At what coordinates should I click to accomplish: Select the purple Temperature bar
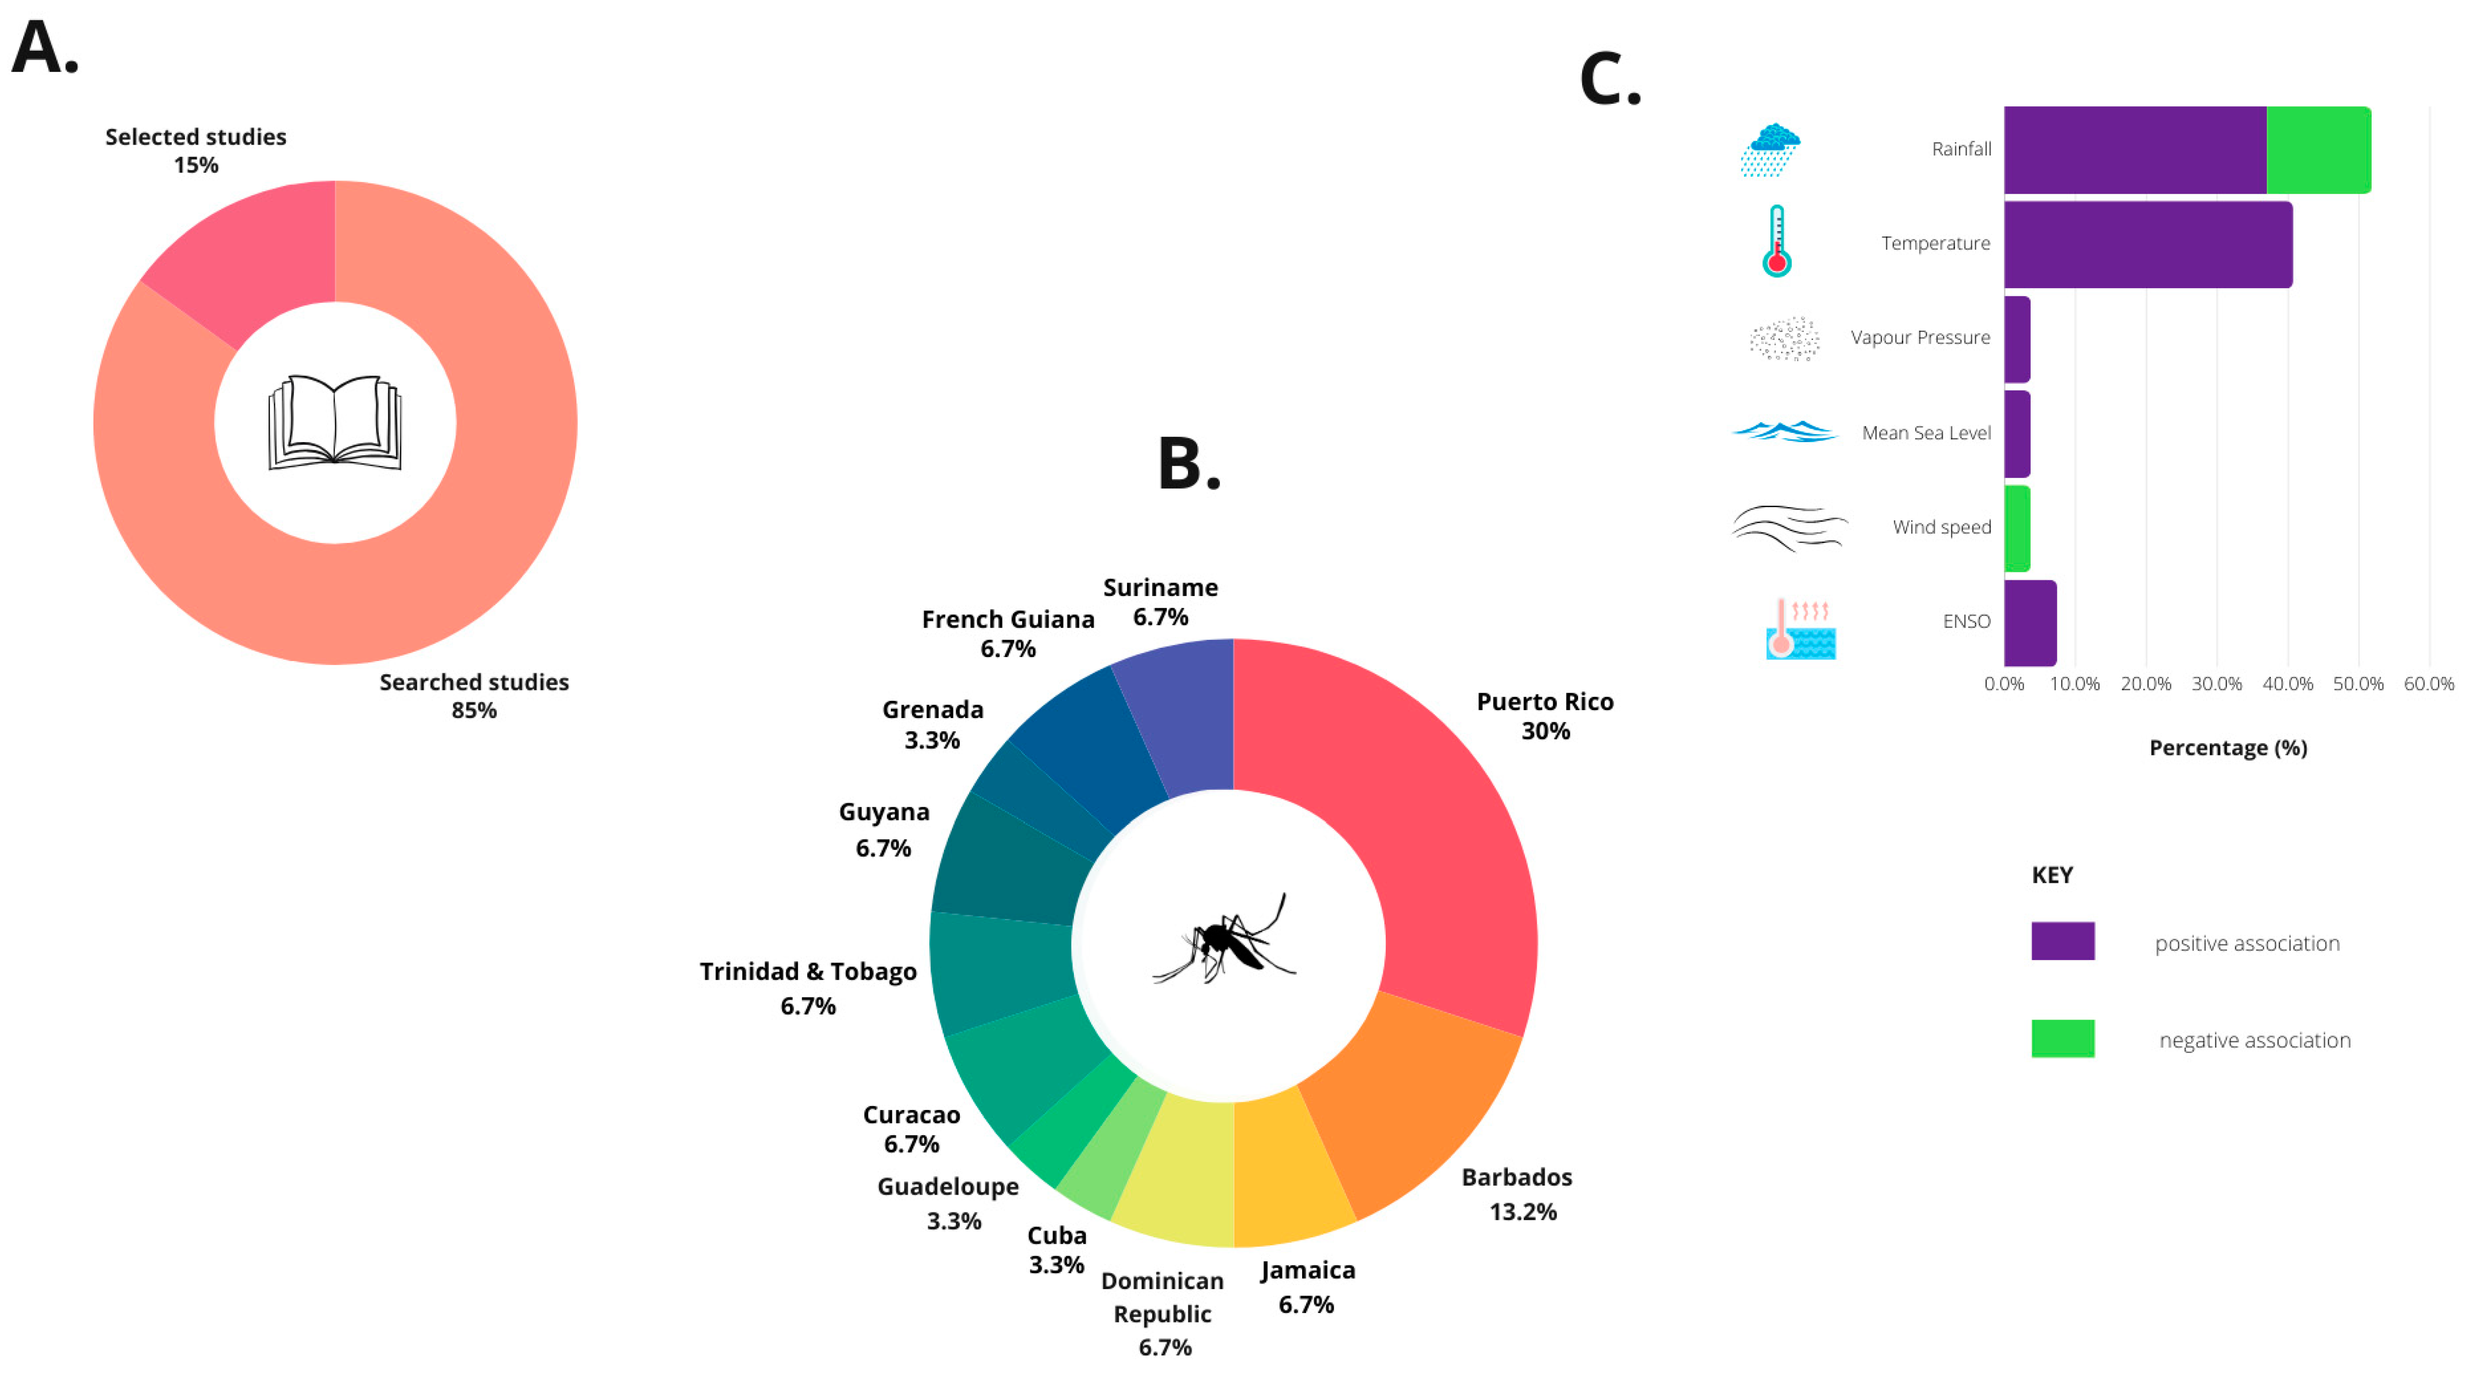click(2147, 244)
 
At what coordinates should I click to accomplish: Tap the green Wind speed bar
click(2016, 528)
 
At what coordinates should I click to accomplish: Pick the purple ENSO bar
click(2029, 623)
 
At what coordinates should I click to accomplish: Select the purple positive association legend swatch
click(2063, 941)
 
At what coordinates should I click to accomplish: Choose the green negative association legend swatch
click(2063, 1039)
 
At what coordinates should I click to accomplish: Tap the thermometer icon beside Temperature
click(1777, 241)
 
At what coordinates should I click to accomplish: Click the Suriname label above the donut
click(1160, 588)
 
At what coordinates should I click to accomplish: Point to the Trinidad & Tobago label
click(807, 972)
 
